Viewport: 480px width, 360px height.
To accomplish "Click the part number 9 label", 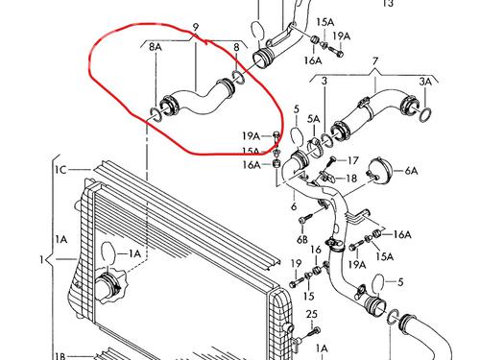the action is coord(196,27).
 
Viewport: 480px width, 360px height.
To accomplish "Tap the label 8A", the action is coord(156,47).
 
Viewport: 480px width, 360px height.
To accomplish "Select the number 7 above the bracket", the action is coord(375,60).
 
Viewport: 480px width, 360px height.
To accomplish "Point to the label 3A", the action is coord(425,82).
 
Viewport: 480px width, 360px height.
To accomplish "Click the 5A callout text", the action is coord(314,119).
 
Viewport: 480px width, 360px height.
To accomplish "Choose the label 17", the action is coord(353,160).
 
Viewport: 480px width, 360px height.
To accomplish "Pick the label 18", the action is coord(351,179).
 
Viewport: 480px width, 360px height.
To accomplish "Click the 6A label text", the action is coord(412,171).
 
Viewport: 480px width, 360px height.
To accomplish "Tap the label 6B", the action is coord(302,239).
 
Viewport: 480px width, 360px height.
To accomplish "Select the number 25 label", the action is coord(311,314).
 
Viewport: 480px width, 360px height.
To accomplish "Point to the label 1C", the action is coord(60,170).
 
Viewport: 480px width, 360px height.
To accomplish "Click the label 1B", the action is coord(60,356).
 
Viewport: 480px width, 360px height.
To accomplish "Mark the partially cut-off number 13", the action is coord(388,3).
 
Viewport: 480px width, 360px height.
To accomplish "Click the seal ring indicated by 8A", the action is coord(156,114).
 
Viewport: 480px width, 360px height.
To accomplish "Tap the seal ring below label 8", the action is coord(238,77).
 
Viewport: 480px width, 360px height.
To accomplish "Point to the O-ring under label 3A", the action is coord(425,115).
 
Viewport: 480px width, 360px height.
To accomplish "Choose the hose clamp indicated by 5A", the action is coord(314,148).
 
